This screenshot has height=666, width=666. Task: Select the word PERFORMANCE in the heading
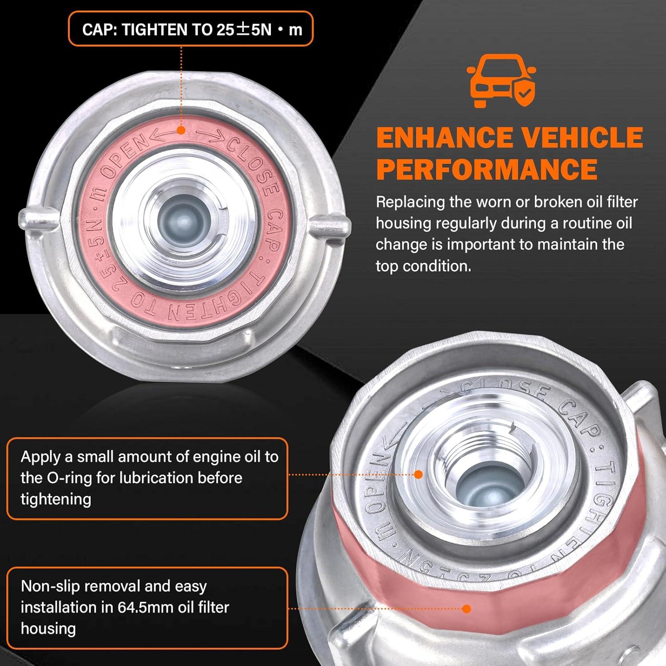pos(487,169)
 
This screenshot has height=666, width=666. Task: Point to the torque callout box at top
pos(190,29)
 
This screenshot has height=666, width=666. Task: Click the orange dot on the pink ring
pos(181,130)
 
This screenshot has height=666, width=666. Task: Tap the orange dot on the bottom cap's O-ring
pos(418,474)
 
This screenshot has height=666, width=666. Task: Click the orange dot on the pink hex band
pos(466,608)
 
